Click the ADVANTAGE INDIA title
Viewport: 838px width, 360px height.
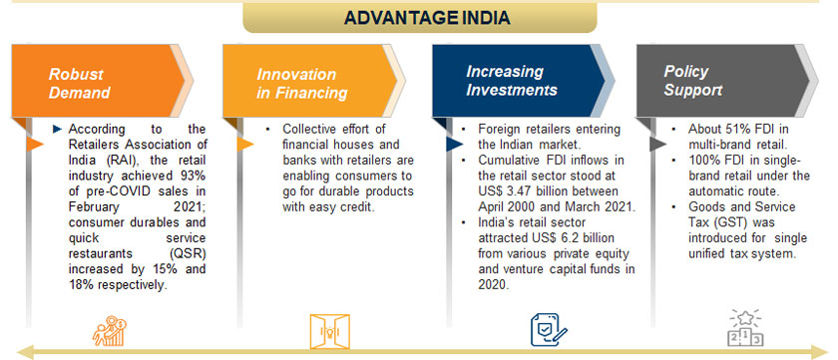pyautogui.click(x=426, y=17)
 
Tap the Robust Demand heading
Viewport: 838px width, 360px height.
pyautogui.click(x=80, y=82)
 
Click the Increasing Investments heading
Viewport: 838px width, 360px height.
pyautogui.click(x=512, y=81)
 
